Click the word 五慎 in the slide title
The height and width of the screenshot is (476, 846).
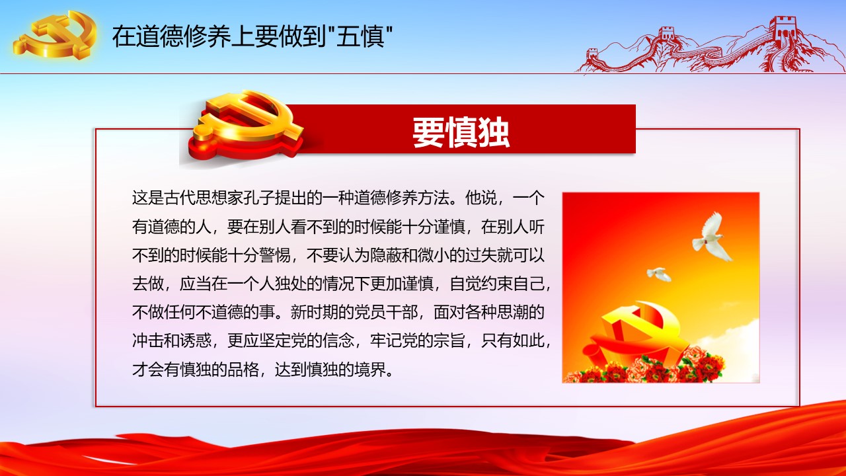click(x=361, y=36)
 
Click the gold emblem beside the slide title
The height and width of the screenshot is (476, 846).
click(x=56, y=34)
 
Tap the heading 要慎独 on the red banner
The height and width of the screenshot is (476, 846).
click(x=461, y=132)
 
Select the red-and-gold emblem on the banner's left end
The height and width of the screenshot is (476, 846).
click(x=245, y=126)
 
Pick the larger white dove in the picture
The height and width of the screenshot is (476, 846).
click(x=712, y=237)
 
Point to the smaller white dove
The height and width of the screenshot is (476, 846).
click(x=659, y=274)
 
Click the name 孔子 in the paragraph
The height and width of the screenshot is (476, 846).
click(x=258, y=198)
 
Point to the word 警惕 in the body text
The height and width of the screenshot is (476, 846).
click(x=274, y=255)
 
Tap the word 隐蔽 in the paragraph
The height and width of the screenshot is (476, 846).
click(x=385, y=255)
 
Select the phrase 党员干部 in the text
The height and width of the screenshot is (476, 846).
click(x=385, y=313)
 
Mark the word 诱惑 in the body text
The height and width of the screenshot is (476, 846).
click(x=195, y=340)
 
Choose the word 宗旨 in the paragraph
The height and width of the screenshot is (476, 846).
click(x=449, y=340)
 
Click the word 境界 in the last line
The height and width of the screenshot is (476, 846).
click(x=369, y=370)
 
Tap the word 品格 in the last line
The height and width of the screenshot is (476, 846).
click(x=243, y=370)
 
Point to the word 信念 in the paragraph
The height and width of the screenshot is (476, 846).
click(x=338, y=340)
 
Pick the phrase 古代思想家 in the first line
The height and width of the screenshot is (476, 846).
click(x=203, y=198)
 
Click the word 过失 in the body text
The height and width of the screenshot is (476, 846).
click(x=481, y=255)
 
